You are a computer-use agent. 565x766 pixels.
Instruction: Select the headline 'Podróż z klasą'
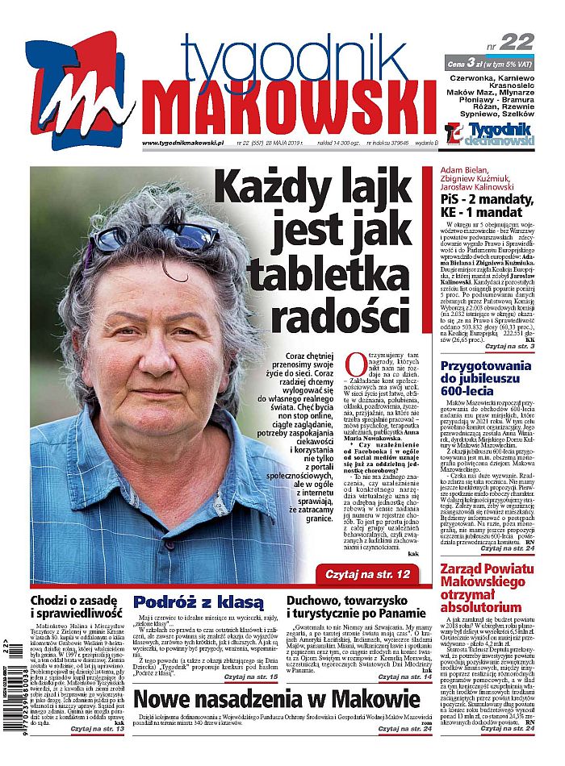(x=199, y=602)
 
